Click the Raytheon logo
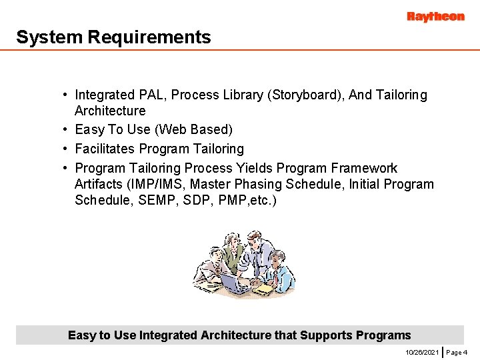[435, 17]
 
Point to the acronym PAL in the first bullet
[151, 95]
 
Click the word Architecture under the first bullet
[109, 111]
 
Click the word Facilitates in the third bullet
[107, 149]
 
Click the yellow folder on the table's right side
[263, 289]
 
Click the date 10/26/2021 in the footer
[422, 351]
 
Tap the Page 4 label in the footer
[457, 351]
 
